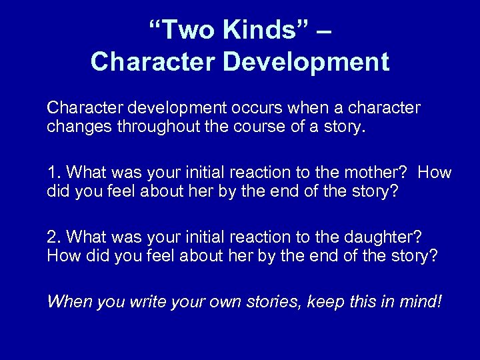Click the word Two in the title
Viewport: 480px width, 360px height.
click(181, 31)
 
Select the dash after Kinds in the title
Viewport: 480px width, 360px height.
click(321, 32)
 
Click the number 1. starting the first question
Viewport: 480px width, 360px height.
click(53, 172)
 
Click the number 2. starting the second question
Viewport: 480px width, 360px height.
click(53, 237)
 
